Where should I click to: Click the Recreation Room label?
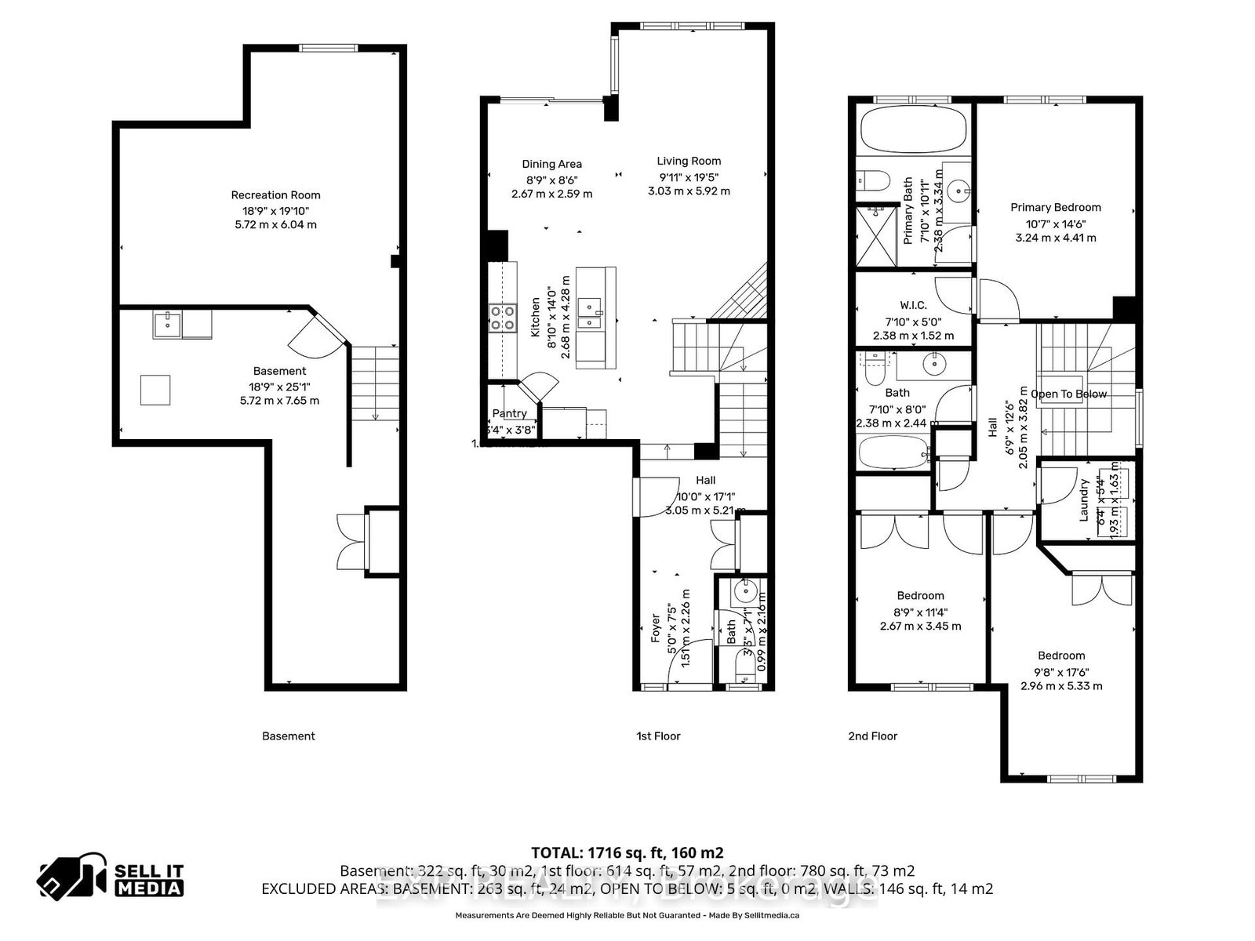[275, 195]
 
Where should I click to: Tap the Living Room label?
[689, 161]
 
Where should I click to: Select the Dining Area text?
[551, 164]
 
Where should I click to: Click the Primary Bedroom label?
[1055, 207]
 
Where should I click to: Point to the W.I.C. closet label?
[913, 305]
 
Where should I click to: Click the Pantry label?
[509, 413]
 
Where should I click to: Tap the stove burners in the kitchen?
[502, 317]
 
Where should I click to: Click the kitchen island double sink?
[589, 312]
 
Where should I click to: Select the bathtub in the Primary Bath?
[912, 130]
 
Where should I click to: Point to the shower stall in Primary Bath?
[875, 236]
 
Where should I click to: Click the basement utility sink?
[167, 324]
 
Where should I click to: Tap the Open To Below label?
[1068, 394]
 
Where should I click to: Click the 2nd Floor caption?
[872, 736]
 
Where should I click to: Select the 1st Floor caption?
[658, 736]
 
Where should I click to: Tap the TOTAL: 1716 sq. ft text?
[627, 852]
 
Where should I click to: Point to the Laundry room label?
[1084, 500]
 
